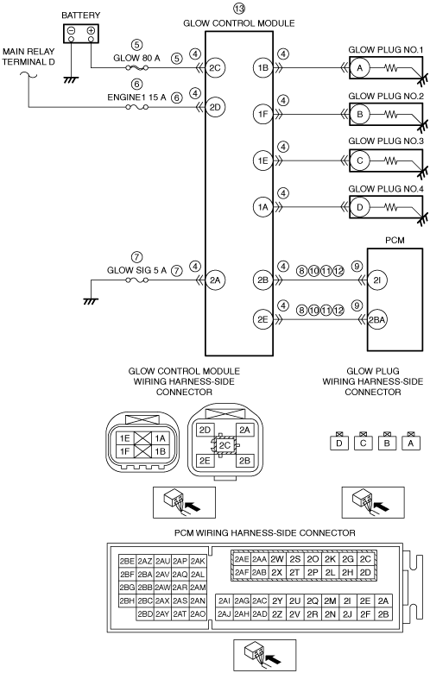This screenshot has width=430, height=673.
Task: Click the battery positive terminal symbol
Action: [91, 30]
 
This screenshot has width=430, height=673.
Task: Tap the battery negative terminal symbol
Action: [72, 30]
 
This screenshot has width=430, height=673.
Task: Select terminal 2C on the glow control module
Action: [215, 67]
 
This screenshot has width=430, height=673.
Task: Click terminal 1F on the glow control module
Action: [262, 114]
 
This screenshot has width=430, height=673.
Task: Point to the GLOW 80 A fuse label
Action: [136, 58]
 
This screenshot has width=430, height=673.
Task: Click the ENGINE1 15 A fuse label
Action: [136, 97]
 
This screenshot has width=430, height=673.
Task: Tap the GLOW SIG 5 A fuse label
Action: [136, 270]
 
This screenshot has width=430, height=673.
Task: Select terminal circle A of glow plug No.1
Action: [359, 67]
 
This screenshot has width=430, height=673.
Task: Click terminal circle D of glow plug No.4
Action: [359, 207]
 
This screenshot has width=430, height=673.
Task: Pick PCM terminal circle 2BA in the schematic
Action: [376, 319]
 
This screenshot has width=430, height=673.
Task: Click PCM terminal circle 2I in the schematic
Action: [376, 280]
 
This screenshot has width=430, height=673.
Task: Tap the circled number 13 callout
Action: [239, 8]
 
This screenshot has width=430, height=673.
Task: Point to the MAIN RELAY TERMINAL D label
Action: [28, 57]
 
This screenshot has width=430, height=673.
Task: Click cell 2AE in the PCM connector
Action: [242, 559]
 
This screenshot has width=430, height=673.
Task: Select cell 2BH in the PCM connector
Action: [127, 601]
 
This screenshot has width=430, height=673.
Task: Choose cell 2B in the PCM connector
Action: [383, 614]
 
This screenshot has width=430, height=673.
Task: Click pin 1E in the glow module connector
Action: [124, 438]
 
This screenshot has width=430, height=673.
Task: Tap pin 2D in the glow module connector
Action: [206, 430]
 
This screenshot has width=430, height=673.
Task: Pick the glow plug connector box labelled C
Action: [363, 443]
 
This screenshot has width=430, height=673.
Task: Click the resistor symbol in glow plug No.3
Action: [391, 160]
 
